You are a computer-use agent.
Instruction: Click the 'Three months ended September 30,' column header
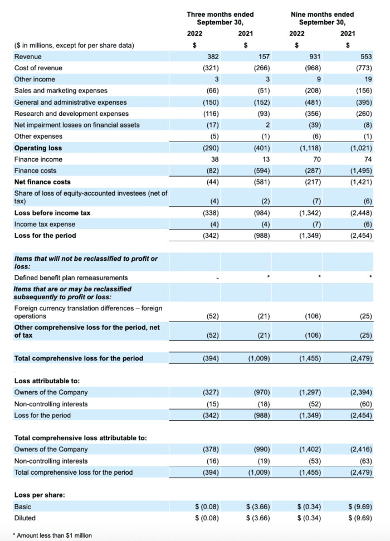[220, 18]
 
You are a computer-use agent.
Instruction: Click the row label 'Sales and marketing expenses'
[61, 91]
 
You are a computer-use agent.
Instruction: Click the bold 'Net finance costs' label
[42, 182]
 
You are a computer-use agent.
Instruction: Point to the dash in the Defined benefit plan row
[217, 278]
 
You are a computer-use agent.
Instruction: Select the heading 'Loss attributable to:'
[46, 381]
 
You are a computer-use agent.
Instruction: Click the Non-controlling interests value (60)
[364, 404]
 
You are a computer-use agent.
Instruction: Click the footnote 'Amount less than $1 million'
[53, 535]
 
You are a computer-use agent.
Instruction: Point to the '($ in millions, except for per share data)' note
[74, 45]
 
